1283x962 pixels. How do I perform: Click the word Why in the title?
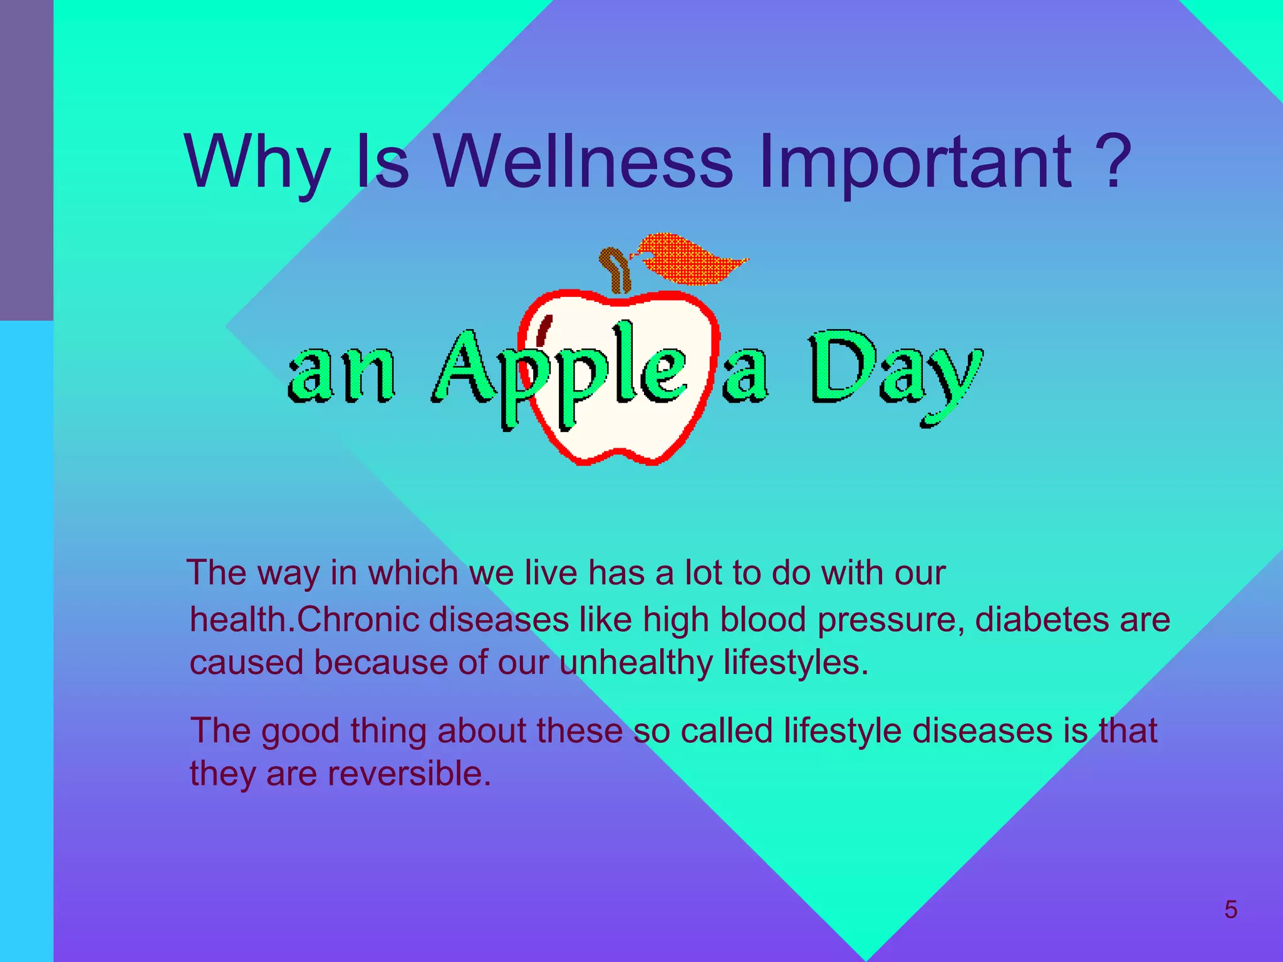[x=257, y=164]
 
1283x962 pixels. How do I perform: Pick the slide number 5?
[x=1230, y=909]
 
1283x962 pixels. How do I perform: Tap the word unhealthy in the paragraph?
[x=636, y=663]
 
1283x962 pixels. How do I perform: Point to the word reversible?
[x=410, y=773]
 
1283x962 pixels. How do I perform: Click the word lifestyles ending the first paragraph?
[x=796, y=663]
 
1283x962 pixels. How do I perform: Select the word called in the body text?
[x=726, y=730]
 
